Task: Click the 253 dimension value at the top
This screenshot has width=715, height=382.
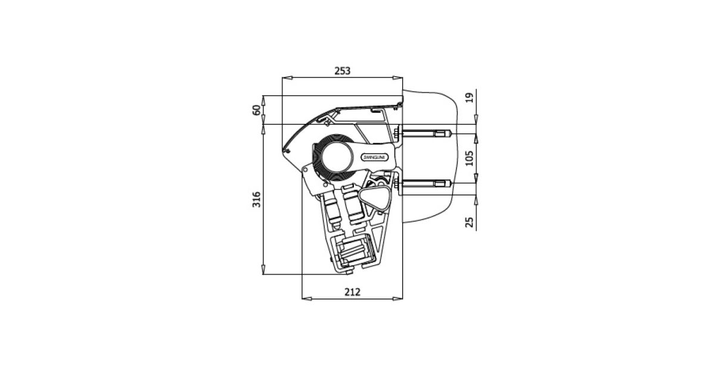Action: point(342,70)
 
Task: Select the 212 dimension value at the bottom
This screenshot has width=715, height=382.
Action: point(352,292)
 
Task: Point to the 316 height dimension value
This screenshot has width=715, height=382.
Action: point(257,200)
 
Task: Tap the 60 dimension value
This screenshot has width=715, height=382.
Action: point(257,110)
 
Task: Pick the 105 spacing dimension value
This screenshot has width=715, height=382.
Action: point(470,159)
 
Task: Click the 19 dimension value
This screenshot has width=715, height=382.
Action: point(470,98)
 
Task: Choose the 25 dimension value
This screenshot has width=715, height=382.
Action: point(470,222)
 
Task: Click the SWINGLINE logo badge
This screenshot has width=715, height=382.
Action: point(375,157)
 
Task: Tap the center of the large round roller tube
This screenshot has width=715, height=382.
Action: point(337,157)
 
